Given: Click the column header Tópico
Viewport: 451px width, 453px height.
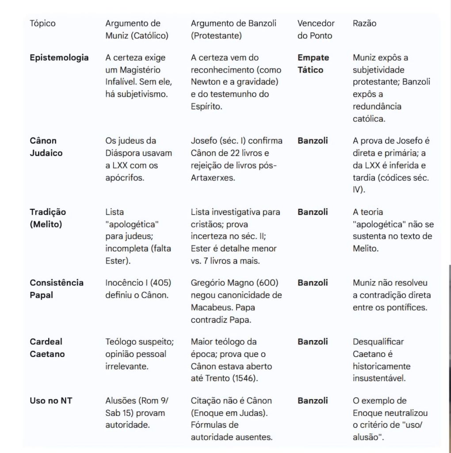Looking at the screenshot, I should (x=42, y=23).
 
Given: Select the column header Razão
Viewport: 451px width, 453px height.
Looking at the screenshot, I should (x=364, y=23).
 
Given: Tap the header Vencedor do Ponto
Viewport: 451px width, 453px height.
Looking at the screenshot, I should (x=316, y=30).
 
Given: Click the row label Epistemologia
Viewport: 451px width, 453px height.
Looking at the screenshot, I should (x=59, y=58).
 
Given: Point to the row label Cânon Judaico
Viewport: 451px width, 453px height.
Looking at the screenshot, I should (x=46, y=147).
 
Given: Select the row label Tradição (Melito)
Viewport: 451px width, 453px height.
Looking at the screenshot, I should (x=48, y=218).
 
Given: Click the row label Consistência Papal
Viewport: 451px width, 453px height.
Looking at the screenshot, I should (x=57, y=289).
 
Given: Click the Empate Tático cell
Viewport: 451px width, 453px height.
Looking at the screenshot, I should (x=313, y=64).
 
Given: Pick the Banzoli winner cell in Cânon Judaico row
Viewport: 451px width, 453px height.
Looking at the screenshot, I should (x=313, y=141).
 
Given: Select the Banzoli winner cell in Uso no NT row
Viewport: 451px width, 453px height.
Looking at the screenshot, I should (x=313, y=401).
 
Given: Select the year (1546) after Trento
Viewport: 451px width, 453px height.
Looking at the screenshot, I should (x=243, y=378).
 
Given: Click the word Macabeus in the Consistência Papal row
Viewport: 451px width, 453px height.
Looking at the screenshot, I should (x=211, y=307).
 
